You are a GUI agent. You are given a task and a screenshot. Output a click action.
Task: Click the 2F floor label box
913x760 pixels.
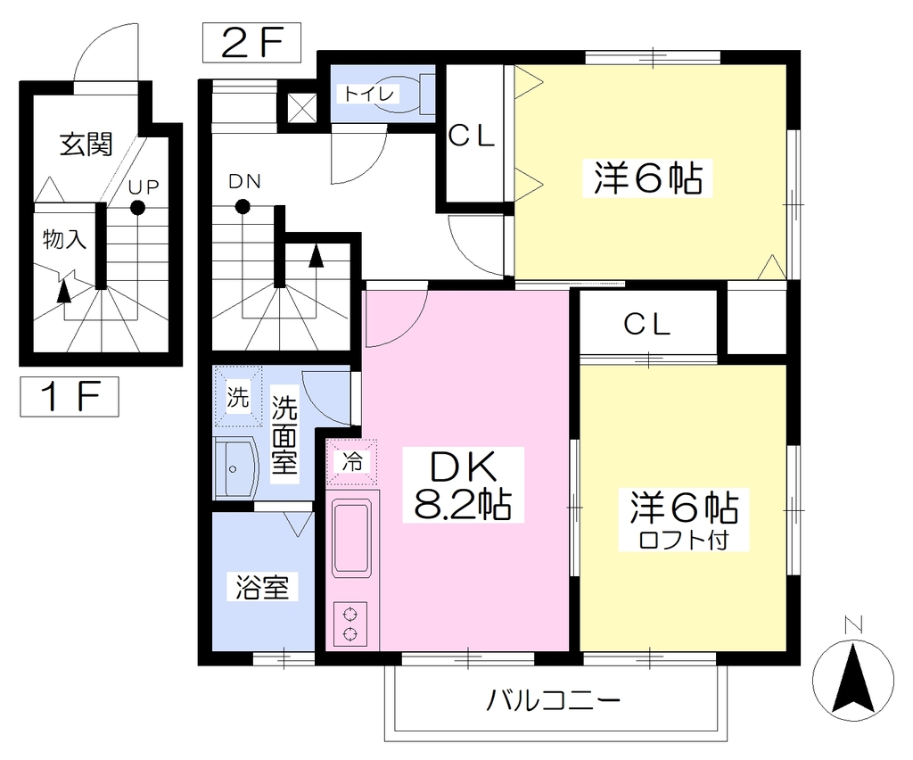coord(251,43)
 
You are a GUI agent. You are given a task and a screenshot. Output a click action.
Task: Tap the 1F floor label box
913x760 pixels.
coord(70,397)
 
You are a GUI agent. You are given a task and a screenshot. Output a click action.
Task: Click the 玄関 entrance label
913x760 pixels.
coord(86,145)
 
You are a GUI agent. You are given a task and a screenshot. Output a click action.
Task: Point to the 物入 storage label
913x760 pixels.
coord(64,239)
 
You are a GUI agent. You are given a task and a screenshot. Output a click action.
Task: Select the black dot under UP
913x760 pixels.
coord(137,207)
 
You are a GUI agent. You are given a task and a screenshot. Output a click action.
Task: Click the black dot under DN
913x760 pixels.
coord(243,206)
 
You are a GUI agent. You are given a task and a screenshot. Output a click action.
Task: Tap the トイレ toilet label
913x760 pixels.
coord(368,94)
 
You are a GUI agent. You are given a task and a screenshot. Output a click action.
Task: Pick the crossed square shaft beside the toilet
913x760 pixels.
coord(301,108)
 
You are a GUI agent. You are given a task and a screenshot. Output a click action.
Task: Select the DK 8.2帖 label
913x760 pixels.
coord(463,484)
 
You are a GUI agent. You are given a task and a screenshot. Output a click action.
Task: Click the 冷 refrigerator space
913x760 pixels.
coord(351,462)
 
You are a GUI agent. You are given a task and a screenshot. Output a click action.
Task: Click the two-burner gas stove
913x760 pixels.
coord(350,624)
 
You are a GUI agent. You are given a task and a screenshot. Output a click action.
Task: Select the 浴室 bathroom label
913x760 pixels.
coord(262,587)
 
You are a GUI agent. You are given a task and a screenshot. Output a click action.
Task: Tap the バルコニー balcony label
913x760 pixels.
coord(554,700)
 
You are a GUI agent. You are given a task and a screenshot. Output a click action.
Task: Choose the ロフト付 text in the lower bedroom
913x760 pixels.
coord(684,540)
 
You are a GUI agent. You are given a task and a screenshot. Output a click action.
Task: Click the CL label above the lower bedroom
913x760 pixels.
coord(647,325)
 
